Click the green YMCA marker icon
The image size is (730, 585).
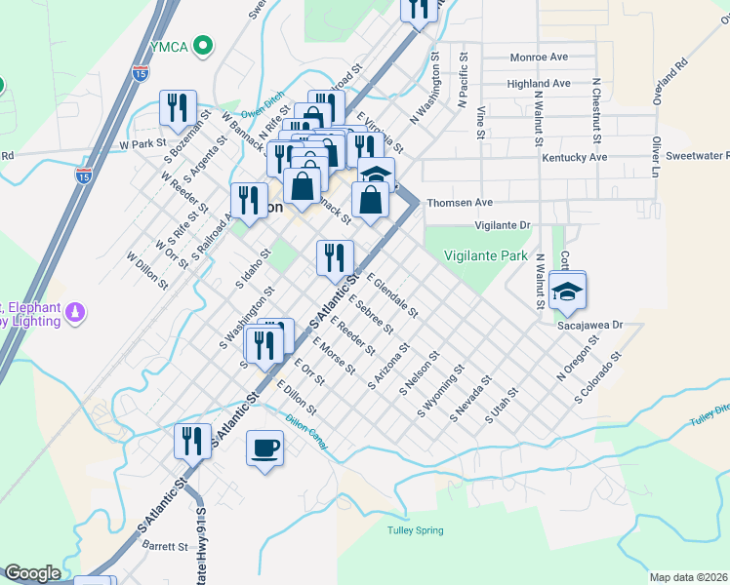[203, 44]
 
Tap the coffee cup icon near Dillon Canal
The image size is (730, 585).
[264, 448]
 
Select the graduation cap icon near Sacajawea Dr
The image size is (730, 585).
[566, 290]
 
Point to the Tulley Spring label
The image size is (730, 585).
[416, 530]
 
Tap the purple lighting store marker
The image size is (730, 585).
[76, 313]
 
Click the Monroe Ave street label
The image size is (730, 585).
[539, 58]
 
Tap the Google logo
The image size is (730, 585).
[31, 573]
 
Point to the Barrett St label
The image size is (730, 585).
[168, 547]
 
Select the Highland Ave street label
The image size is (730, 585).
[538, 84]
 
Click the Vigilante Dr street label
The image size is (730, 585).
[502, 225]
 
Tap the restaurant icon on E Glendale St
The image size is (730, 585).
[335, 257]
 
